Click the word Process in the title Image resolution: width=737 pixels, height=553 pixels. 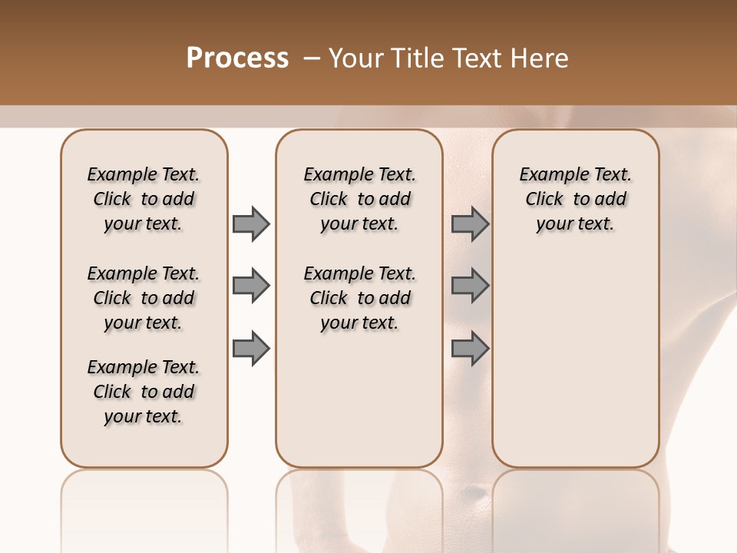(x=237, y=58)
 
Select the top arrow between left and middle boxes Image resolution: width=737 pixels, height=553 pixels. (x=251, y=224)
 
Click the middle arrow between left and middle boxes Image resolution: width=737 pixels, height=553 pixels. (x=251, y=286)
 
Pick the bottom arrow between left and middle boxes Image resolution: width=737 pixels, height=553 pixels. (x=251, y=348)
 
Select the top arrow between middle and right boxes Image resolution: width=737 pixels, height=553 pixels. (x=470, y=224)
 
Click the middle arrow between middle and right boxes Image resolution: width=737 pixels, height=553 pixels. (x=470, y=286)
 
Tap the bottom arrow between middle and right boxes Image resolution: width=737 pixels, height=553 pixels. (x=470, y=348)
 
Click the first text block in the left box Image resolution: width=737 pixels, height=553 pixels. (x=144, y=199)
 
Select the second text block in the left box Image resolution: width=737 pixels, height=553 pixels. (x=144, y=298)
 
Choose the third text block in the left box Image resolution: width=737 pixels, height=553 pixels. (x=144, y=392)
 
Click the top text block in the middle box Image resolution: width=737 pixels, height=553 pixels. (x=359, y=199)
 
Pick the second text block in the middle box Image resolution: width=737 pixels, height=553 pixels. (x=359, y=298)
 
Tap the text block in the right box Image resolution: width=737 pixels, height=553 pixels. (x=576, y=199)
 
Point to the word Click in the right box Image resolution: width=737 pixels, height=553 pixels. (x=544, y=199)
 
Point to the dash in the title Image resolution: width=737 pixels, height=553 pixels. (x=312, y=58)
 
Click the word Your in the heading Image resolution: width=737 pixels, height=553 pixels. (x=355, y=58)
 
